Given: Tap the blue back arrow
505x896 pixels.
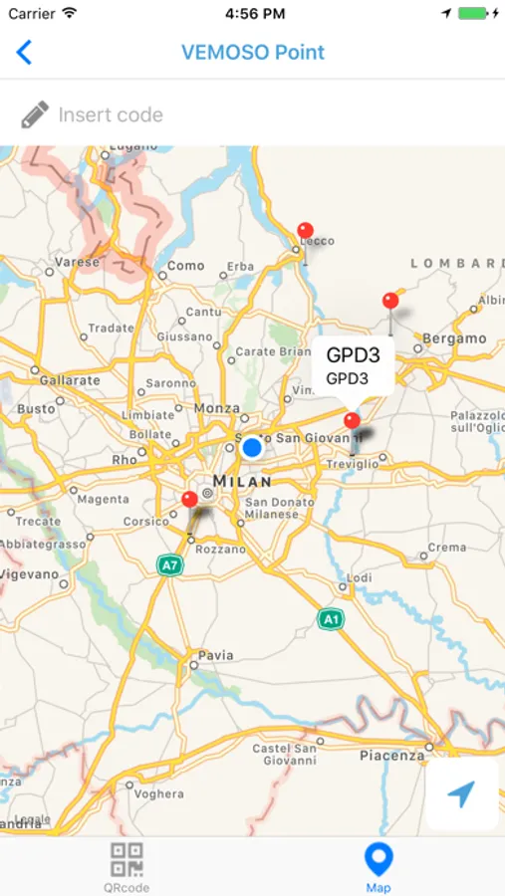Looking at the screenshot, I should pos(24,53).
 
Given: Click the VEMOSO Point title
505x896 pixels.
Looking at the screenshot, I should pos(253,53).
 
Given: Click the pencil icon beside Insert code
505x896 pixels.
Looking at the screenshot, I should pos(34,114).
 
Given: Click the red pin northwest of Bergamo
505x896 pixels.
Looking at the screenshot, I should pos(390,301).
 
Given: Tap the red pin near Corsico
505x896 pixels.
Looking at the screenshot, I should pos(189,499).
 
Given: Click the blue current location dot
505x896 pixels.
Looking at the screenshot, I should pos(252,448).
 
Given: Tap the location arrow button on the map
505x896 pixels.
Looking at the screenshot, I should pos(461,793).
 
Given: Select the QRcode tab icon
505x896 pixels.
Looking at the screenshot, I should pos(126,859).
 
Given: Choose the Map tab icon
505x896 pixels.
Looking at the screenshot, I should pos(379,859).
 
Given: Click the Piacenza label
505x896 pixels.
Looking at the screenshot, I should pos(391,756).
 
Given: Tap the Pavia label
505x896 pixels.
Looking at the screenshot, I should pos(216,655).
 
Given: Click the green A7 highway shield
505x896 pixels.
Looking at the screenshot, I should pos(169,565).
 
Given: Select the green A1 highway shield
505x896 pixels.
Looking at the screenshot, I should pos(331,619).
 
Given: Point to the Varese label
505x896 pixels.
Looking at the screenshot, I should pos(78,262).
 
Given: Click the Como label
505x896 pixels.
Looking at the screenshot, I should pos(186,266).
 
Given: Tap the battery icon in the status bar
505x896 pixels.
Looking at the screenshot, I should pos(473,14).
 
